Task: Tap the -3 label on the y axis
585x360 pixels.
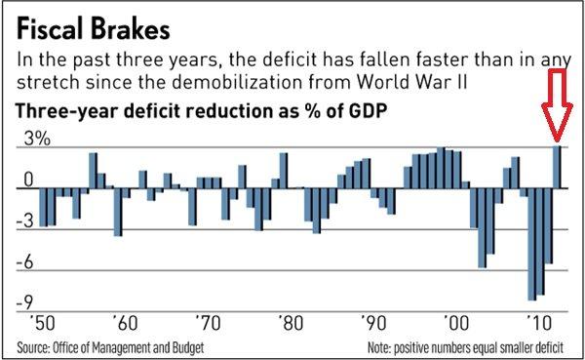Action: (29, 221)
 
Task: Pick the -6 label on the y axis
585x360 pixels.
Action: (29, 263)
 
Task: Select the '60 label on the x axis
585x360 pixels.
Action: (123, 321)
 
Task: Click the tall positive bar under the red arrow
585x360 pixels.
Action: (558, 166)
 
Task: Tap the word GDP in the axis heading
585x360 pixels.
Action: (361, 110)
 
